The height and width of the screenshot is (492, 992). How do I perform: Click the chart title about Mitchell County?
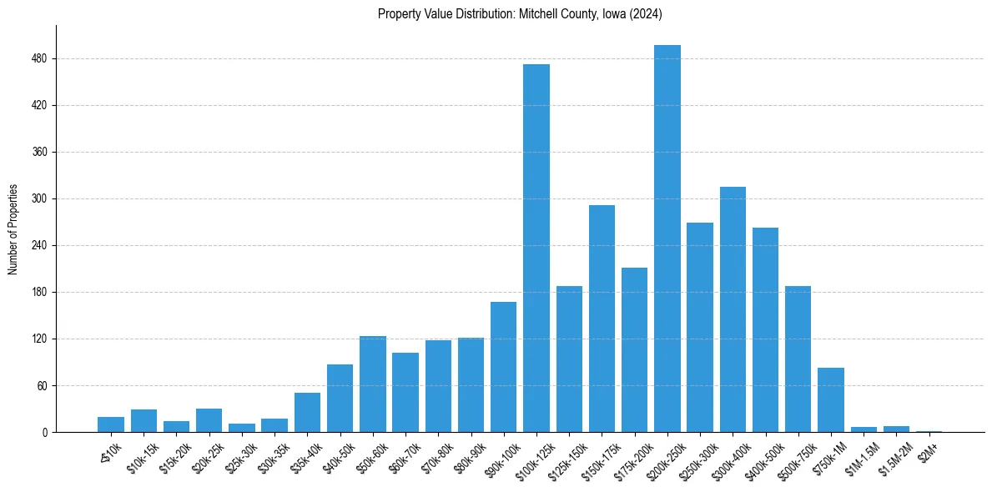(520, 13)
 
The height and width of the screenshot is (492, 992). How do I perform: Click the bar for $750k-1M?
(831, 400)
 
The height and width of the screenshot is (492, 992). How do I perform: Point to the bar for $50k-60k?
(373, 384)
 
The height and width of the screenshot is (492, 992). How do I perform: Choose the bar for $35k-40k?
(307, 413)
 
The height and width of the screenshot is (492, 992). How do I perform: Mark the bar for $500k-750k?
(798, 359)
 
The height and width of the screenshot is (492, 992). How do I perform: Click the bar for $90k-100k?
(504, 367)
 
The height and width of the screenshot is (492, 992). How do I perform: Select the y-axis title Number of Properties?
(13, 229)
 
